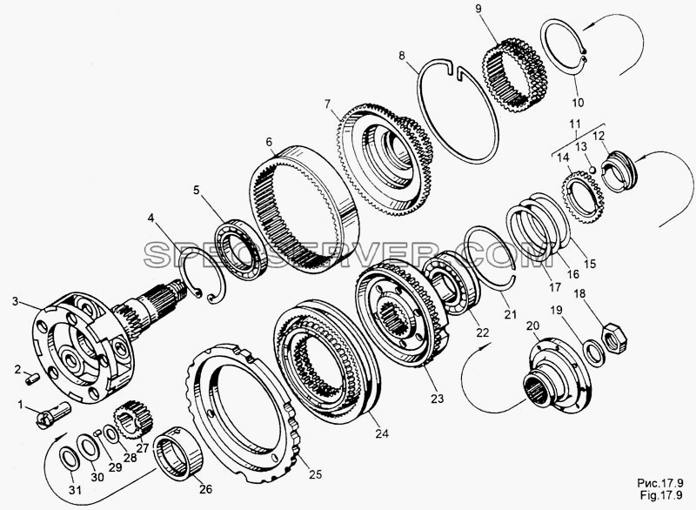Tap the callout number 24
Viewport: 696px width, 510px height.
click(382, 433)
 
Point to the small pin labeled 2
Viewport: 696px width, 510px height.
click(32, 379)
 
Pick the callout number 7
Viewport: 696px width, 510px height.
click(328, 104)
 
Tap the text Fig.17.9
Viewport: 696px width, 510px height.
click(660, 494)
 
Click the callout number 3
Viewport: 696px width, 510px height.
click(15, 301)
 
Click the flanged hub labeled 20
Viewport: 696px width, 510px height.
click(557, 375)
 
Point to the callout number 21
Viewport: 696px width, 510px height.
click(511, 314)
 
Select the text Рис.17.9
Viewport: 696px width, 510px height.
click(660, 483)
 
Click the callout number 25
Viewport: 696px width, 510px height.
click(315, 473)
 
